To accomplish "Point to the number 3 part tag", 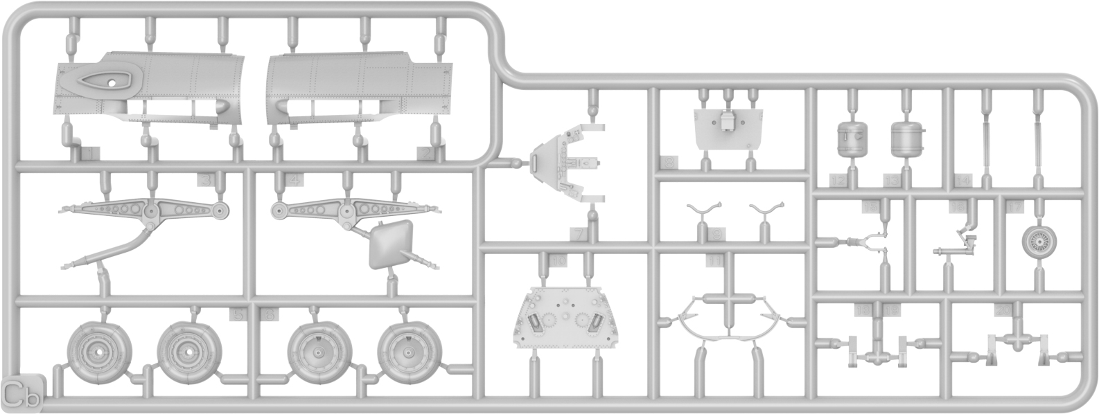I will (x=204, y=180).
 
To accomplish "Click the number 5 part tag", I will (x=238, y=315).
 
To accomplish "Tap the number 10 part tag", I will (x=559, y=260).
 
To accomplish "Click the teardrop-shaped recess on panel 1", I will (x=104, y=81).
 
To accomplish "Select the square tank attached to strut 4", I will (x=389, y=244).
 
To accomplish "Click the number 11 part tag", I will (x=714, y=260).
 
